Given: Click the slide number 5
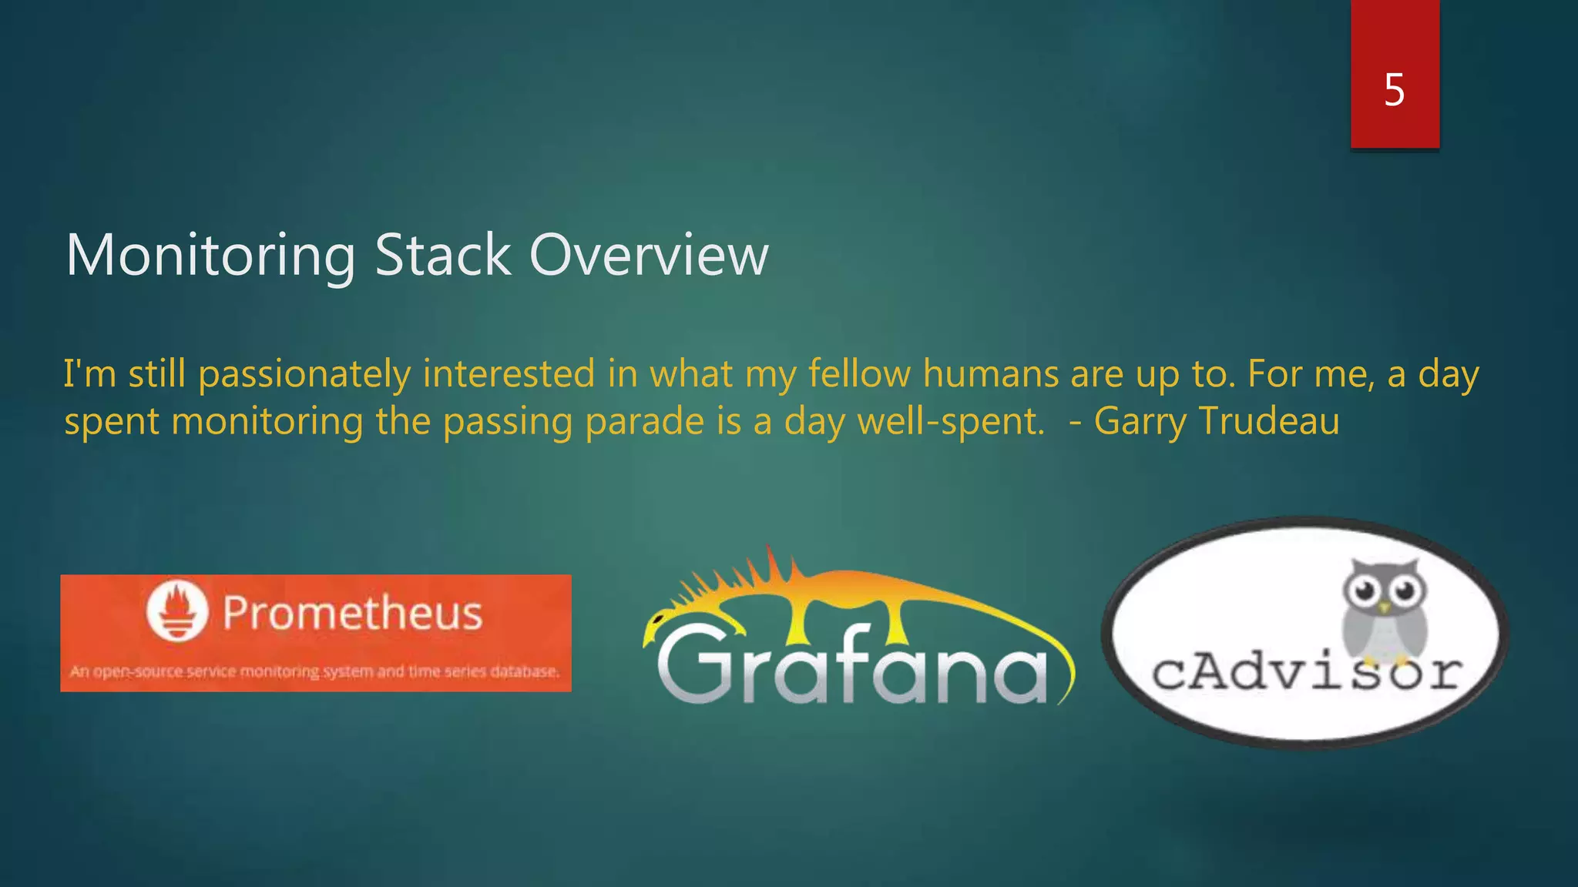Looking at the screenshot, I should [1394, 90].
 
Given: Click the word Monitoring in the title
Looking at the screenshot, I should [210, 256].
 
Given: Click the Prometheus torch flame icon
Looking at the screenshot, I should [177, 611].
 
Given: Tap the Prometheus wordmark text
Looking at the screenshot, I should [352, 614].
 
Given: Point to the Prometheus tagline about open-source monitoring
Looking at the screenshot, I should [314, 671].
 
